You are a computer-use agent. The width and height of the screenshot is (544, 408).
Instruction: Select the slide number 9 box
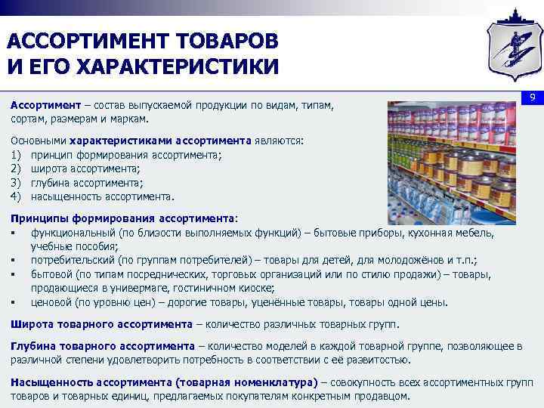point(531,98)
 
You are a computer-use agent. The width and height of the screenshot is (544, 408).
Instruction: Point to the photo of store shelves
point(451,161)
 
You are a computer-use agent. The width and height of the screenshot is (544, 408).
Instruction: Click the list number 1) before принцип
point(16,155)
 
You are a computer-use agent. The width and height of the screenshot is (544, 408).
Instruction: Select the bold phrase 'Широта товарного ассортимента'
point(101,324)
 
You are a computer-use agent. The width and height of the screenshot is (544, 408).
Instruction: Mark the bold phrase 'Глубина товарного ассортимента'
point(103,346)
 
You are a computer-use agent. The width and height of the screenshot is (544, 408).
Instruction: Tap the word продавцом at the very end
point(380,395)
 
